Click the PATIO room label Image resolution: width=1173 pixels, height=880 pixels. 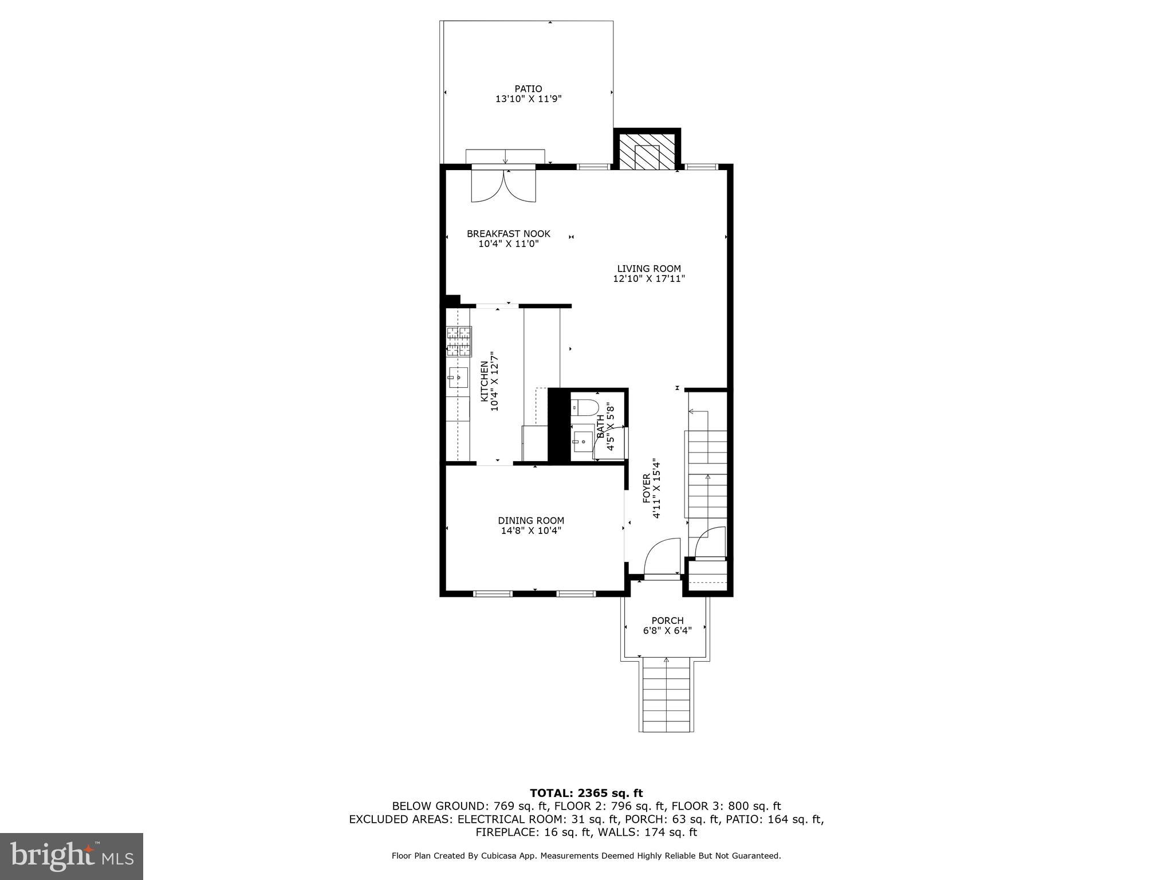528,89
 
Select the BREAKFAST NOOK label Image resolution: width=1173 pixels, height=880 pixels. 508,234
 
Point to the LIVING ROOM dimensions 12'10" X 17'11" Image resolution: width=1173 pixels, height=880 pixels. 648,279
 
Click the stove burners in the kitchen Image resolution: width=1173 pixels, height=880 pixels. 459,341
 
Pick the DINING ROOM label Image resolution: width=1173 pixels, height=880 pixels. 531,521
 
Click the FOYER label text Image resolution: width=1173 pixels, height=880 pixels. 647,488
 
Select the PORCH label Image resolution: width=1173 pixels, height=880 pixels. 667,620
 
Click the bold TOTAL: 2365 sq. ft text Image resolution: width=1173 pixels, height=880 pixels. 586,793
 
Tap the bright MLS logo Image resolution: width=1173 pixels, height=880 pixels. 72,856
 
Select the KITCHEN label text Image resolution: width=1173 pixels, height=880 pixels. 484,381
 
